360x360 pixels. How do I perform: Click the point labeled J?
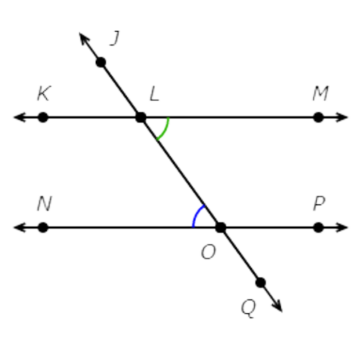point(101,63)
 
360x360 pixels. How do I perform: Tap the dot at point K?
point(43,117)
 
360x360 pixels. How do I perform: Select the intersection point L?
point(141,117)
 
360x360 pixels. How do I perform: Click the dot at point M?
point(318,117)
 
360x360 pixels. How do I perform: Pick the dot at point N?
point(43,228)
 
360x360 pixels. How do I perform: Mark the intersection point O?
point(220,228)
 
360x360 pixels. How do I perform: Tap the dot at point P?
point(318,228)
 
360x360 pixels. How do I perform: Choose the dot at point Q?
point(261,282)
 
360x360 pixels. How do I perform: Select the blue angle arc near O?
point(196,215)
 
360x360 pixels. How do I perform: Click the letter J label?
point(114,38)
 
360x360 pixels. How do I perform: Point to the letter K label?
point(44,93)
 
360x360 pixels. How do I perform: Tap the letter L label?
point(154,94)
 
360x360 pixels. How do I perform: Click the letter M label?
point(320,94)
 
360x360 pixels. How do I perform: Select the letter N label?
point(45,204)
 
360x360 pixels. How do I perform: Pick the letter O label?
point(208,252)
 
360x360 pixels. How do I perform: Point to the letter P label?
point(320,204)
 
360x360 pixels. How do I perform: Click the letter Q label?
point(248,308)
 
